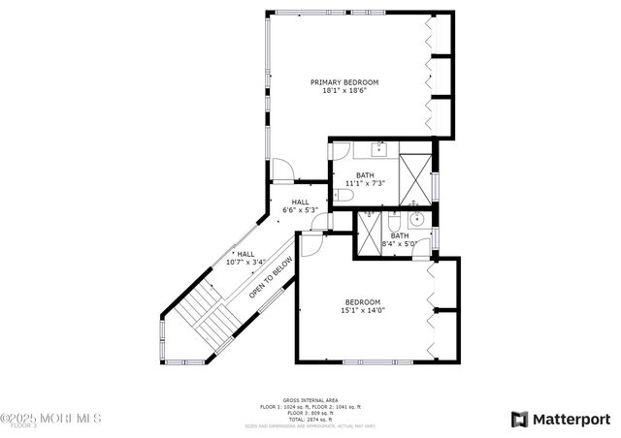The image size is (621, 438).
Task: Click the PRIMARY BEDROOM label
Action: click(344, 82)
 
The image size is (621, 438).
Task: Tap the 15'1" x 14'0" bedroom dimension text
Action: click(361, 311)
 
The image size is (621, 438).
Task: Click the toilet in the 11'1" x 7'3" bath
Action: click(343, 197)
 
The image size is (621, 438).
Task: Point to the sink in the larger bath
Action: click(378, 150)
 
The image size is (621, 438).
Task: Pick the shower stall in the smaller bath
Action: click(371, 232)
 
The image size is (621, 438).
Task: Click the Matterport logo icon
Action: click(520, 419)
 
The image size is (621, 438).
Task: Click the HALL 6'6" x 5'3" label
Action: click(300, 205)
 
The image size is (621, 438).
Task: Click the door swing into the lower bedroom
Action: click(310, 244)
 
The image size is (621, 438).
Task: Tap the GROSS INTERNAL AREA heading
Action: click(310, 399)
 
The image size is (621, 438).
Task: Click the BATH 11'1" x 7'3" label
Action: click(365, 178)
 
